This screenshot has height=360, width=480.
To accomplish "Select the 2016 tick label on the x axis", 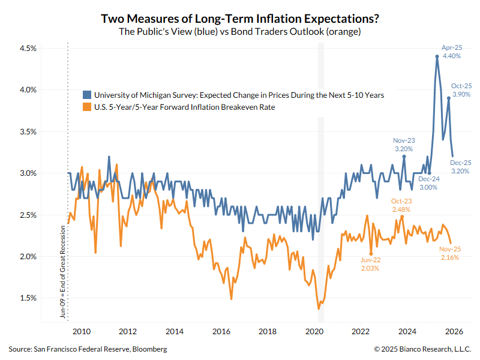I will click(x=221, y=331).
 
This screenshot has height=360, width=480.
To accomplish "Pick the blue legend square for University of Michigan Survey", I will click(x=87, y=95).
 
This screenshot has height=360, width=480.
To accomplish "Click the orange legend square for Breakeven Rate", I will click(x=87, y=107).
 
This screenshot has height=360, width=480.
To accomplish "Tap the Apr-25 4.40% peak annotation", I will click(x=451, y=51).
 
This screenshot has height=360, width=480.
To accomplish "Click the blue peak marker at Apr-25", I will click(x=437, y=56).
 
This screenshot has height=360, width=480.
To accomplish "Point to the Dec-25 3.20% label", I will click(x=461, y=166).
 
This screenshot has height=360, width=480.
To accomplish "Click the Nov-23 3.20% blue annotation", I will click(x=404, y=143).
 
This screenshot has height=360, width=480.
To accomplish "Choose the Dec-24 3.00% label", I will click(x=428, y=183).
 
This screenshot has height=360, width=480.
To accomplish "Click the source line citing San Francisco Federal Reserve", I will click(x=88, y=349).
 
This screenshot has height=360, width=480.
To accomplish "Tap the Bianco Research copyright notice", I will click(x=422, y=349).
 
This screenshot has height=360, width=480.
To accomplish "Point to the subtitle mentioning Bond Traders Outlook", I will click(x=240, y=32).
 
